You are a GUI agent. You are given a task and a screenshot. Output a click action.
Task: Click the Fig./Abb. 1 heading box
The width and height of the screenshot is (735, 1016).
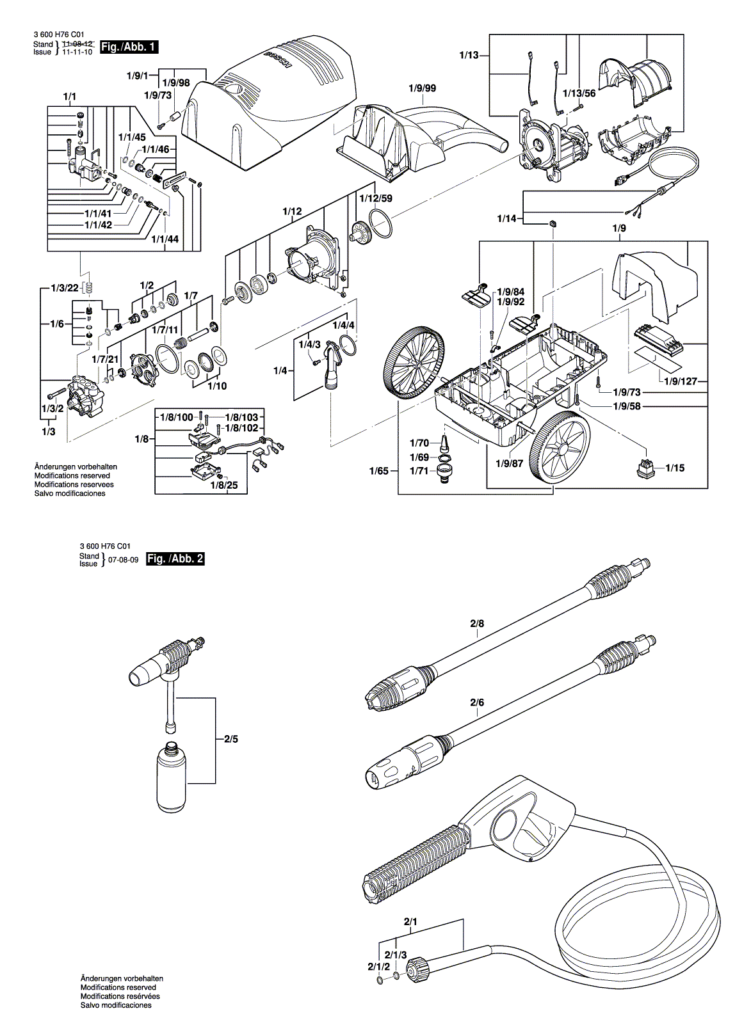(x=129, y=47)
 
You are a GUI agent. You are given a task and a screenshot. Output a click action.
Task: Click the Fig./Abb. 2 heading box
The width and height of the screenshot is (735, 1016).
(x=175, y=559)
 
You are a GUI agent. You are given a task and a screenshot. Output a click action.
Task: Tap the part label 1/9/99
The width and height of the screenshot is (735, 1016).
(x=422, y=88)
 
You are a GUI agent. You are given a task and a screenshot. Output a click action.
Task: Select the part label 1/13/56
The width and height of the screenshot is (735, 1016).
(x=579, y=93)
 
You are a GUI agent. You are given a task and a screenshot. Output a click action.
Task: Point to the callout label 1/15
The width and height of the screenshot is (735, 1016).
(x=674, y=468)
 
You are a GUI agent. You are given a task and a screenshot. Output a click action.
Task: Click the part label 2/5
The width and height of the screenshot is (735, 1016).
(x=230, y=739)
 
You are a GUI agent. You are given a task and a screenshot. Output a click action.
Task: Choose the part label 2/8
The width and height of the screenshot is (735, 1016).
(x=477, y=623)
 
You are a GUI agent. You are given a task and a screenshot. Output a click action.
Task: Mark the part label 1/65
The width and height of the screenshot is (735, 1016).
(x=378, y=471)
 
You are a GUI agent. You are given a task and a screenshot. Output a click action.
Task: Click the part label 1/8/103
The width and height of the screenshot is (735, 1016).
(x=241, y=417)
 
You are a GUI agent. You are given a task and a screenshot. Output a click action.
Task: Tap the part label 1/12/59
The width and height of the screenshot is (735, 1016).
(x=375, y=198)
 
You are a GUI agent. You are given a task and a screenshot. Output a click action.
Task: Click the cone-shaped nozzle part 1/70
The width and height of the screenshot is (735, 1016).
(x=444, y=443)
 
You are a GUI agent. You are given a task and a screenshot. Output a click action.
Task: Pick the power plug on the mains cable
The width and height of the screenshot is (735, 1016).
(x=620, y=180)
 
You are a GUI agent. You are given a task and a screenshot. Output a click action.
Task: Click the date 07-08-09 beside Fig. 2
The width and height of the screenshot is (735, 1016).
(x=124, y=559)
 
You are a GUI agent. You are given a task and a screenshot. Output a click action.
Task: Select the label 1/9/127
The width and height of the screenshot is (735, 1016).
(x=681, y=381)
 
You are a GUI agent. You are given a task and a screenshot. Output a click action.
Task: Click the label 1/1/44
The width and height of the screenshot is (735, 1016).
(x=165, y=239)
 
